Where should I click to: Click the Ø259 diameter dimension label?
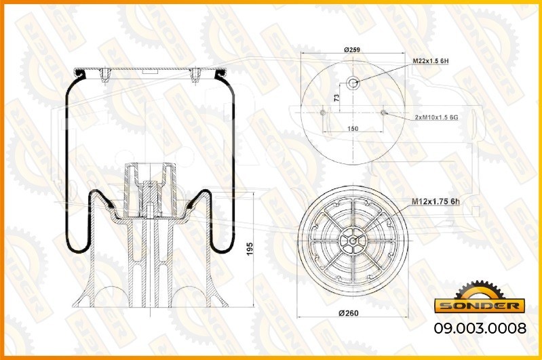(x=352, y=49)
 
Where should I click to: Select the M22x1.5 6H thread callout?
(x=431, y=61)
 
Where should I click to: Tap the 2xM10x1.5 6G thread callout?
(x=437, y=117)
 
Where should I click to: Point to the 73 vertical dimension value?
(x=337, y=98)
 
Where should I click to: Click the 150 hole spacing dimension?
(x=353, y=129)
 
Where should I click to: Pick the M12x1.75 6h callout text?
(x=435, y=202)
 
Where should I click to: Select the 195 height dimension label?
(x=250, y=249)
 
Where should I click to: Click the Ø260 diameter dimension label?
(x=349, y=313)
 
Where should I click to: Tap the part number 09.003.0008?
(x=480, y=328)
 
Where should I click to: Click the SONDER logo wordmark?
(x=480, y=306)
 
